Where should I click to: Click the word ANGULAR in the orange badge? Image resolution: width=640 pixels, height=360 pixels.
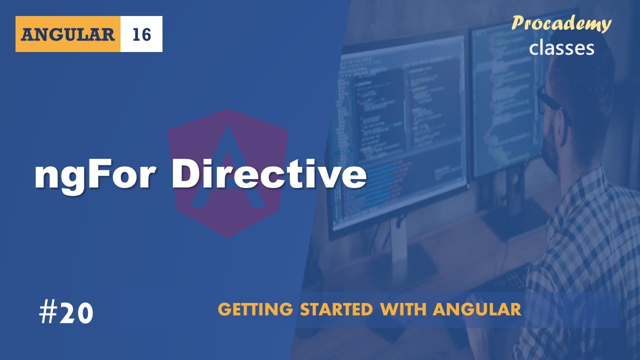pos(68,34)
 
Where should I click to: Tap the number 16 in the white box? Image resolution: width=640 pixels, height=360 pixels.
pos(141,34)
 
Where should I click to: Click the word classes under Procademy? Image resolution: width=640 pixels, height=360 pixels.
pos(561,47)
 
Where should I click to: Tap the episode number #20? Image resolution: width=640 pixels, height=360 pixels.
pos(66,313)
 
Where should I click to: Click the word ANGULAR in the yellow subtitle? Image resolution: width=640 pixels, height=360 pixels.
pos(477,309)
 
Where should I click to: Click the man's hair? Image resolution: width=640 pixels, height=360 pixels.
pos(585,75)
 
